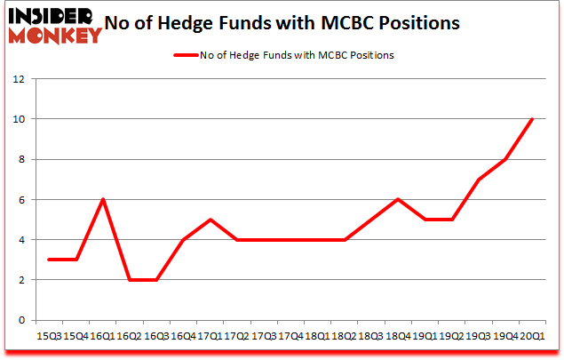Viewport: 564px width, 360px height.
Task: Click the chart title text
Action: point(282,24)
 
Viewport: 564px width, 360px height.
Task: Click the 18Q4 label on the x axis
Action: point(397,337)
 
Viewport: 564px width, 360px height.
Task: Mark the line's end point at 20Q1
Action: point(531,119)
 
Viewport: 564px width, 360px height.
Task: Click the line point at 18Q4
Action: point(399,199)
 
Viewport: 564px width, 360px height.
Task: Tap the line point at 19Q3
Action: point(478,180)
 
